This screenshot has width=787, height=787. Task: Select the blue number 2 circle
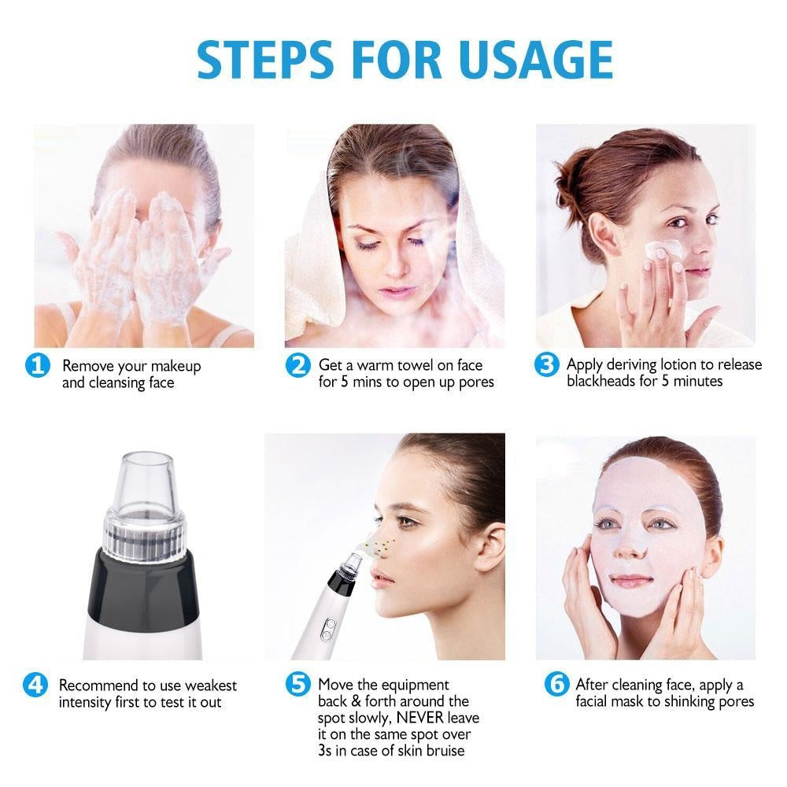click(x=297, y=365)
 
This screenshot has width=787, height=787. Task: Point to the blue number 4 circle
click(x=36, y=685)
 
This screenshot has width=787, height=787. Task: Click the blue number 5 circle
click(x=297, y=685)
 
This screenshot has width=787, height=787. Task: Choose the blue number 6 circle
click(x=556, y=685)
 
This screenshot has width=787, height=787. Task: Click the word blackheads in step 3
click(x=603, y=382)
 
